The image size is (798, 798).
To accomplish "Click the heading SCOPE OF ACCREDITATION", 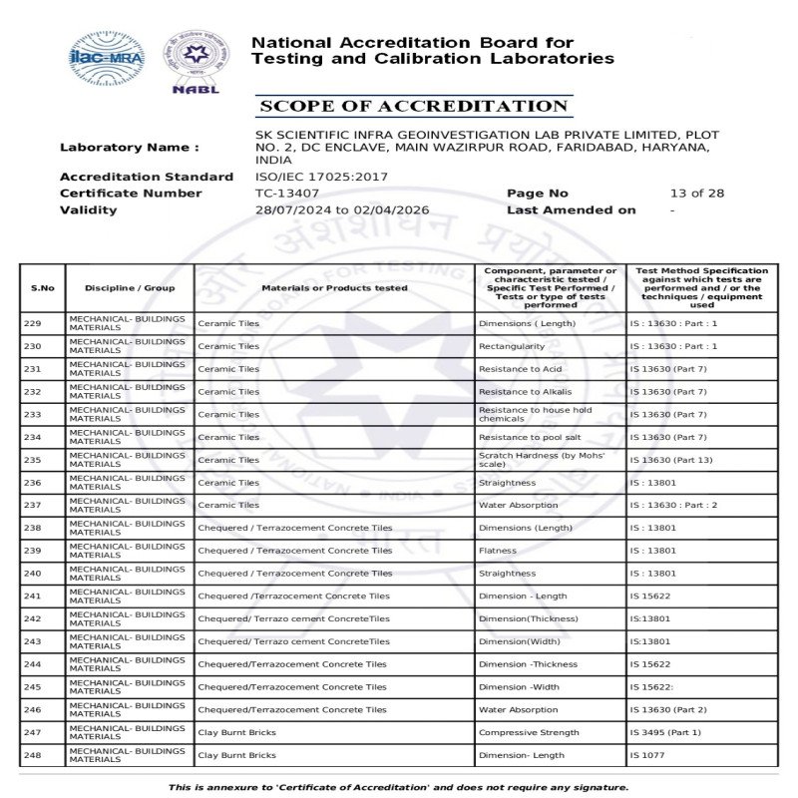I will (413, 107).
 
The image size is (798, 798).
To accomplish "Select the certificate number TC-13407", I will (287, 194).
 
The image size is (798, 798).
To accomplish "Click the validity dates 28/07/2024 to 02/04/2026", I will (342, 210).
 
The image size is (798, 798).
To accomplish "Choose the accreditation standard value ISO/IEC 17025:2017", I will (322, 177).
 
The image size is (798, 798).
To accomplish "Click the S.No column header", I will (43, 288).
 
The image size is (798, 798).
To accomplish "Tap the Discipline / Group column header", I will (130, 288).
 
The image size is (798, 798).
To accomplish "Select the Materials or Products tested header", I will (334, 288).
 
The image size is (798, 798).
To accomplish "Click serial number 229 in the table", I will (33, 323).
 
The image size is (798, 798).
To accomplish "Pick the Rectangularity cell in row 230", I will (512, 346).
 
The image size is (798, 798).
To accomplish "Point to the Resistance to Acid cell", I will (521, 369).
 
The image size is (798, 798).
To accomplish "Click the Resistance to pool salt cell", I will (531, 437).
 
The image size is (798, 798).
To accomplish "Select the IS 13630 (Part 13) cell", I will (671, 460).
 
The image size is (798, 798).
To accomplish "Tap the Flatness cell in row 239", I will (498, 551).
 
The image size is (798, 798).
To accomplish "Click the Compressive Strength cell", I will (529, 732).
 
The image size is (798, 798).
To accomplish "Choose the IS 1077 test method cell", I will (647, 755).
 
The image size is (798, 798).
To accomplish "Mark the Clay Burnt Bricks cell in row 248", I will (236, 755).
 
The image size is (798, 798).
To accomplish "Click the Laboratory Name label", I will (129, 148).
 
